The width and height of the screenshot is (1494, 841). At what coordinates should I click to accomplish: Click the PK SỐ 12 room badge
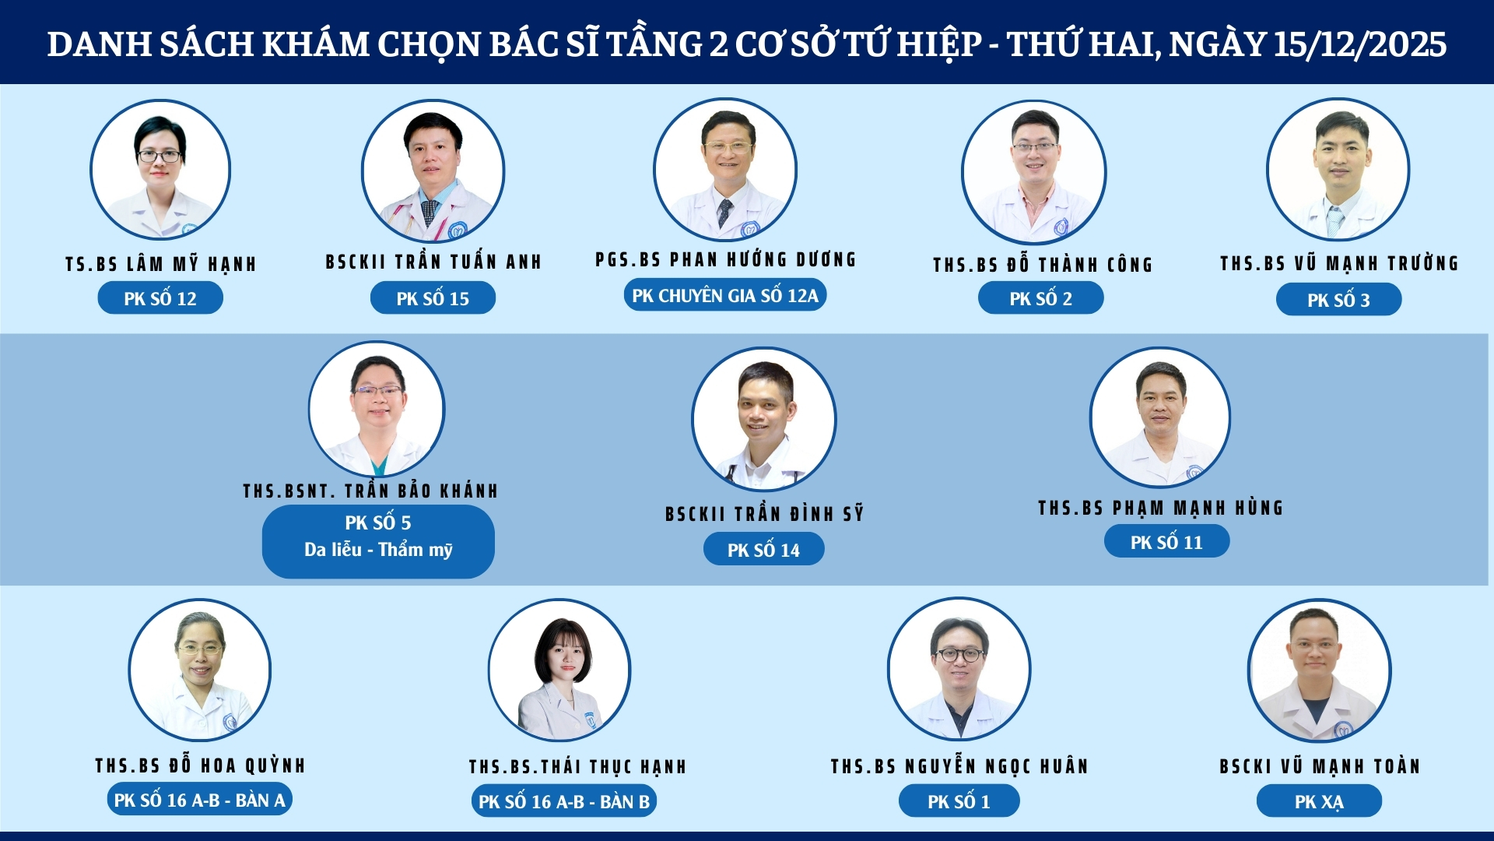tap(160, 298)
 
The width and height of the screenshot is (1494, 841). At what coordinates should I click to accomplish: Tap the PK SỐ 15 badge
tap(433, 298)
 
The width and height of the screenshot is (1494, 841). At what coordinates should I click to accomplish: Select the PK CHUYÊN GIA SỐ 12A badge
tap(724, 296)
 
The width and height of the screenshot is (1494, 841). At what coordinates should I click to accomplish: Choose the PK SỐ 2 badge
tap(1040, 298)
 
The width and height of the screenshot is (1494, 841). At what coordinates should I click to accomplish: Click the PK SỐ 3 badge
tap(1338, 300)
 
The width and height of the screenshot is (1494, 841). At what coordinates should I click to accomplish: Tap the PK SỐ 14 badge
tap(763, 550)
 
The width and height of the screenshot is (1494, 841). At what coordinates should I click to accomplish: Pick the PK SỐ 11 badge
tap(1166, 542)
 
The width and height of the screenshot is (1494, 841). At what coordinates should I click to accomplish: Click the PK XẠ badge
tap(1319, 801)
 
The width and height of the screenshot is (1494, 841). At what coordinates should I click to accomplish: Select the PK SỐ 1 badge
tap(959, 801)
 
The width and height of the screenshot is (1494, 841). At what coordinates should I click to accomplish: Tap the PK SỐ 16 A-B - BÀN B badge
tap(564, 801)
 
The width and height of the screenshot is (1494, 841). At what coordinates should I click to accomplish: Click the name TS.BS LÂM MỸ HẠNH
tap(161, 265)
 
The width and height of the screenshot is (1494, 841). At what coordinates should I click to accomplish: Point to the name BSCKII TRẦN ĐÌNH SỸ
tap(764, 514)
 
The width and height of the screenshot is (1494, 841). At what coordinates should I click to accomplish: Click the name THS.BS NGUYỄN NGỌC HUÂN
tap(959, 767)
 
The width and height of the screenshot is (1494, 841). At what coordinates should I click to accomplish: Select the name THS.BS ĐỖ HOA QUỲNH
tap(200, 766)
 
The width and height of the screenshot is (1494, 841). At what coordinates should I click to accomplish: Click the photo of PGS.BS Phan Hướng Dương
tap(724, 169)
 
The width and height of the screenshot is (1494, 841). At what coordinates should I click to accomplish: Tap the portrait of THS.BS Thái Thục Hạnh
tap(559, 670)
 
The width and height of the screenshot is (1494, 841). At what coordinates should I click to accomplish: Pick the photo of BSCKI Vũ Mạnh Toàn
tap(1319, 670)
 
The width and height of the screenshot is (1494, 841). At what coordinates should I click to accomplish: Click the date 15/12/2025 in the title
tap(1359, 44)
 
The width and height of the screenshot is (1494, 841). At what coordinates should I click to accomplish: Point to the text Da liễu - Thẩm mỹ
tap(378, 550)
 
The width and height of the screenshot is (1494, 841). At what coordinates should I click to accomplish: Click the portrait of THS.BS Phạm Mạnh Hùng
tap(1159, 418)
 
